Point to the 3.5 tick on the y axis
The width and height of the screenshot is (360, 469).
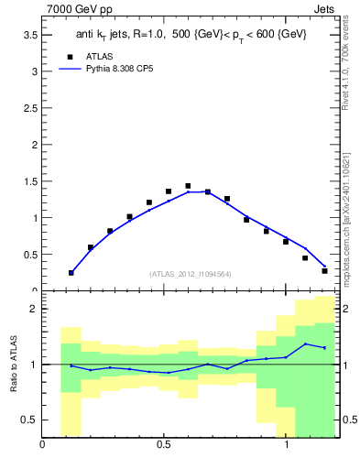tap(29, 35)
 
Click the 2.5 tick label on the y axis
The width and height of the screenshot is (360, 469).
tap(29, 108)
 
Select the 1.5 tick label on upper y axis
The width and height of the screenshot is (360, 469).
tap(29, 181)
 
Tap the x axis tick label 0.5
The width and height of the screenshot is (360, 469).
tap(164, 446)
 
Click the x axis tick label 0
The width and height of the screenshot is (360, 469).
tap(43, 446)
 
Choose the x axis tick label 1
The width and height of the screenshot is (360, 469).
tap(286, 446)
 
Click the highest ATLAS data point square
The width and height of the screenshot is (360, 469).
tap(188, 186)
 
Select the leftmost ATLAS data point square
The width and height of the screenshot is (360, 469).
tap(71, 272)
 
